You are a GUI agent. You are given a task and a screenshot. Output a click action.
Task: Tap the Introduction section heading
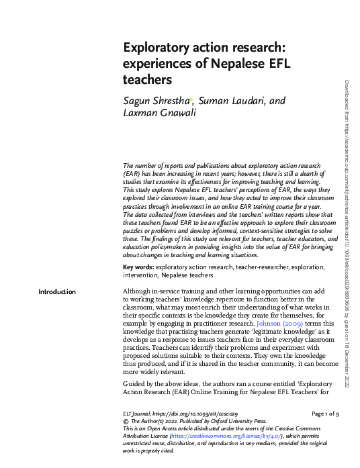[57, 291]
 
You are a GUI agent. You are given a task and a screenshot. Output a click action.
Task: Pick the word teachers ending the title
[148, 80]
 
